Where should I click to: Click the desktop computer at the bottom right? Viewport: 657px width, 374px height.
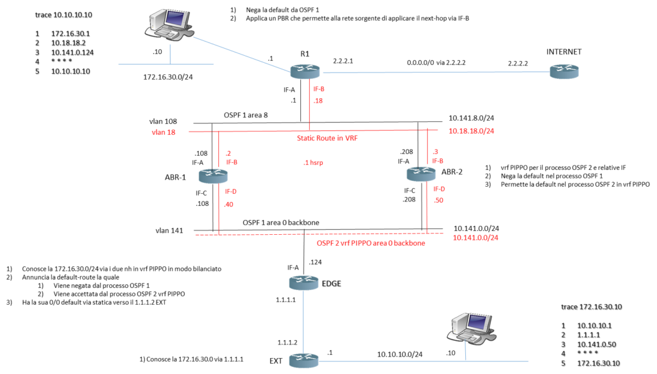click(472, 328)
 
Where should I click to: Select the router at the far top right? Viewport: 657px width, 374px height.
click(564, 72)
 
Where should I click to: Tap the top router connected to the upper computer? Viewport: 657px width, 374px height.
click(305, 72)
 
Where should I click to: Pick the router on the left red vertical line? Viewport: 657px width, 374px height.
click(212, 176)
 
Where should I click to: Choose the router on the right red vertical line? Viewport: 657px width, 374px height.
click(421, 174)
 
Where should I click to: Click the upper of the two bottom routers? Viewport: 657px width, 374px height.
click(303, 282)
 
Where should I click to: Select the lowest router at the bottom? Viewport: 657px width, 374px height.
click(303, 361)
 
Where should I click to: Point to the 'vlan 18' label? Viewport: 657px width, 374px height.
click(164, 132)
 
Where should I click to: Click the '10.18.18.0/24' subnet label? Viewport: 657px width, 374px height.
click(472, 131)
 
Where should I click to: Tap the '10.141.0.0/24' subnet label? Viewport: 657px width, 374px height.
click(475, 237)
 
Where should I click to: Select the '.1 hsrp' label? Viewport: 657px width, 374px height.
click(313, 163)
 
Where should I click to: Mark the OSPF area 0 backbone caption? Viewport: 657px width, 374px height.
click(371, 243)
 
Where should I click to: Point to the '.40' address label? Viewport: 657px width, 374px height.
click(229, 205)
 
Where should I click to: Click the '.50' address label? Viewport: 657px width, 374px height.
click(439, 200)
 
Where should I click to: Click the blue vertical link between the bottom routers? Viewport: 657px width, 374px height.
click(303, 321)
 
